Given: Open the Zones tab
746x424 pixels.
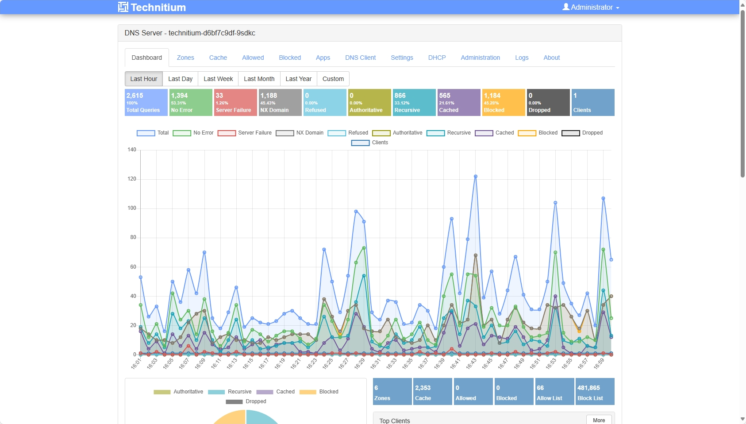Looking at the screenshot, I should pos(185,58).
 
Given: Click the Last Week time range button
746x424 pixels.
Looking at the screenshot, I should pos(218,79).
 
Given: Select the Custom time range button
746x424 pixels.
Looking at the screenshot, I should pos(333,79).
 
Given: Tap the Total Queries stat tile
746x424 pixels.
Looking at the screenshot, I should pos(146,103).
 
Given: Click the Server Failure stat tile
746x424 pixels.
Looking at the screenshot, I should pos(235,103).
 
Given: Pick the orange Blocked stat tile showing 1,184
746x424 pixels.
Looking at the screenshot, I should pos(504,103).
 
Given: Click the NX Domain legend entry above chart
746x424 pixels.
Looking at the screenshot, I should pos(300,133).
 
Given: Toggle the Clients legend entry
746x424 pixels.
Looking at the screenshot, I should pos(370,143).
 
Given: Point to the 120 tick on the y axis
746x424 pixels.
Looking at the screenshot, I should pos(132,179).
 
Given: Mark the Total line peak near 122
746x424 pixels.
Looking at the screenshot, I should pos(476,176).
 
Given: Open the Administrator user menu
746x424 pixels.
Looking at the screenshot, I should pos(591,7).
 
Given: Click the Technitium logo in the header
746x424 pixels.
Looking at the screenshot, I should pos(152,7).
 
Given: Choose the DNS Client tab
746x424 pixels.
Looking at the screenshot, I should pos(360,58).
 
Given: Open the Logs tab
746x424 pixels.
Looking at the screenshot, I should pos(522,58).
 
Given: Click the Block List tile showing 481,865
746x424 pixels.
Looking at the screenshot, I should pos(594,392).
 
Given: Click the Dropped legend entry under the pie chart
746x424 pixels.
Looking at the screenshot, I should pos(246,401).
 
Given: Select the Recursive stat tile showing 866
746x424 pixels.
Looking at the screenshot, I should pos(414,103).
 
